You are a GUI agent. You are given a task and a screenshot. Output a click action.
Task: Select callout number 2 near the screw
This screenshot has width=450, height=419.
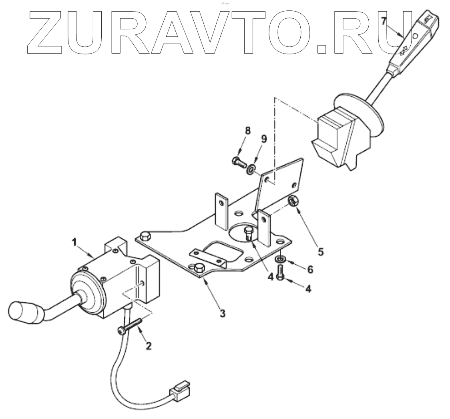[x=149, y=346]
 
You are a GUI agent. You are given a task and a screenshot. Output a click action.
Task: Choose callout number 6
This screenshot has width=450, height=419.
[x=310, y=270]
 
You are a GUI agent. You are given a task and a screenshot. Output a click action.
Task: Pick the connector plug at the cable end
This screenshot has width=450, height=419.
[x=180, y=389]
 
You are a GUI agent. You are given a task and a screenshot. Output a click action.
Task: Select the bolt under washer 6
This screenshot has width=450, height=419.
[x=280, y=274]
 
